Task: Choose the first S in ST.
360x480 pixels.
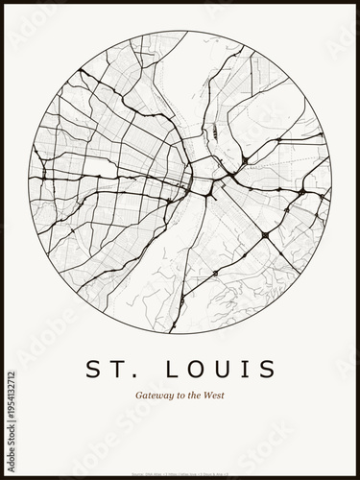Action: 92,370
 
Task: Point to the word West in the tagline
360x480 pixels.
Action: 218,396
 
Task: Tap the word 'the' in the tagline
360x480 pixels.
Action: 196,396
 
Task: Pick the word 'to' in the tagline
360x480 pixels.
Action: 180,396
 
